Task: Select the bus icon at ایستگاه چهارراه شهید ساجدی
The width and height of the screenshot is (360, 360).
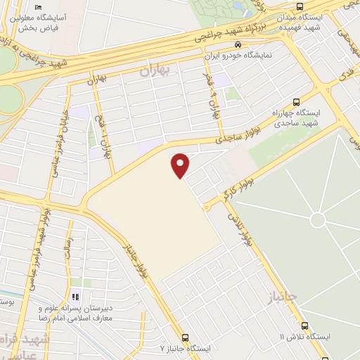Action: point(296,102)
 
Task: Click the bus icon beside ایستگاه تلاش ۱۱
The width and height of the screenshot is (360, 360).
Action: point(304,326)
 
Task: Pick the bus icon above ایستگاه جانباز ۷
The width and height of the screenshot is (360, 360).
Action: point(185,337)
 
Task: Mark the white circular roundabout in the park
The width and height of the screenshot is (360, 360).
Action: point(318,220)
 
